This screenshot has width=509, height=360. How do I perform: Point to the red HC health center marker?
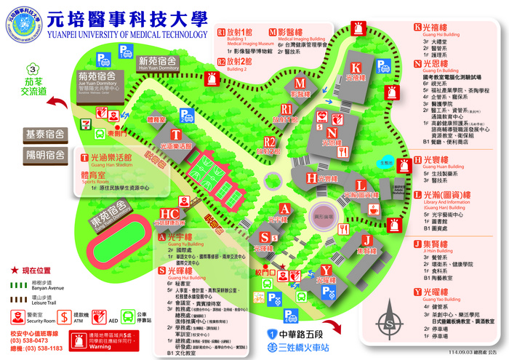point(169,214)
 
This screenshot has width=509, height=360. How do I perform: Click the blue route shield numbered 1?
point(268,332)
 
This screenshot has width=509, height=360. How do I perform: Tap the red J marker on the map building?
point(367,239)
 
